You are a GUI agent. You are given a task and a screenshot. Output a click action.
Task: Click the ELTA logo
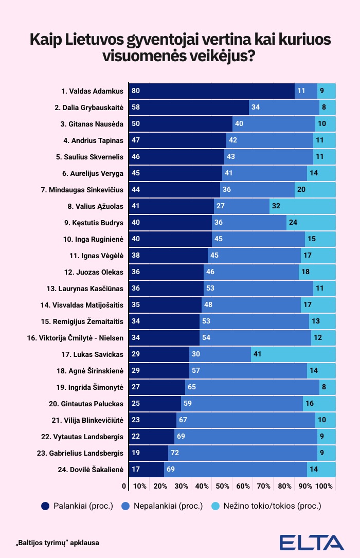[312, 543]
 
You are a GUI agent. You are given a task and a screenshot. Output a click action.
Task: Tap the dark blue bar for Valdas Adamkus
[211, 91]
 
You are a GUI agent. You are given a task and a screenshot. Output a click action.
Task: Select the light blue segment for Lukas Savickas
[293, 354]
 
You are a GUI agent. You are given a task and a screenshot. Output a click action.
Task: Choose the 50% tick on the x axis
[222, 486]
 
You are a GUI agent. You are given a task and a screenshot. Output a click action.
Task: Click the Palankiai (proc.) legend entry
[77, 506]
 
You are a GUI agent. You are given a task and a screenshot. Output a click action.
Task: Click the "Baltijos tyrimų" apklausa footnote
[57, 543]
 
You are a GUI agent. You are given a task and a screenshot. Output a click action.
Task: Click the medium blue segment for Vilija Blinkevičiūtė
[246, 420]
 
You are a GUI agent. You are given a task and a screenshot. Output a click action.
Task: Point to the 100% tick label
[324, 486]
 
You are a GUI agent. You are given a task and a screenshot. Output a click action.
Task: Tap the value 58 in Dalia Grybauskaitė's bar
[136, 107]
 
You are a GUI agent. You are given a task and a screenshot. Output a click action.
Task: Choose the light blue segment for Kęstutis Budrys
[311, 223]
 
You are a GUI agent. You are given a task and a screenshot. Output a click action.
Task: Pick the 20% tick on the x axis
[160, 486]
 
